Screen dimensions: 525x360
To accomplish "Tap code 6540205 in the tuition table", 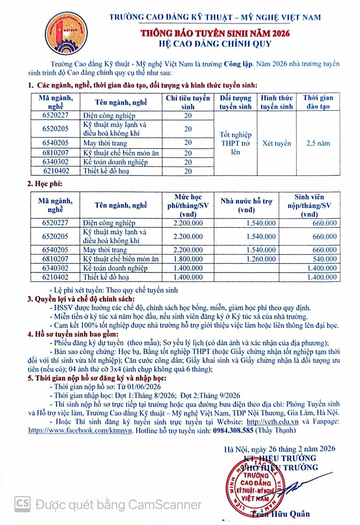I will (55, 250).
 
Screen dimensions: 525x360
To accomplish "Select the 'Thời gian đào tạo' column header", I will (318, 102).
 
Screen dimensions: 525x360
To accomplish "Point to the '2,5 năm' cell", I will (318, 143).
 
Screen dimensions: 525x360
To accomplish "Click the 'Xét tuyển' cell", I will (277, 143).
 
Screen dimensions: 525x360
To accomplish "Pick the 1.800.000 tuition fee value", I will (188, 259).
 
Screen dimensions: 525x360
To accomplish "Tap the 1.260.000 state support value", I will (261, 259).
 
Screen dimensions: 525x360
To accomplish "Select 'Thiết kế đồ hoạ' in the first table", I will (106, 171).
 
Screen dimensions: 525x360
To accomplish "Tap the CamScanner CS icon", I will (23, 504).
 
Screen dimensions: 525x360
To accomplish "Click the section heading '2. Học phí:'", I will (45, 184).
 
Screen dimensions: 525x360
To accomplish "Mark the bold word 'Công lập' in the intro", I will (238, 64).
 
